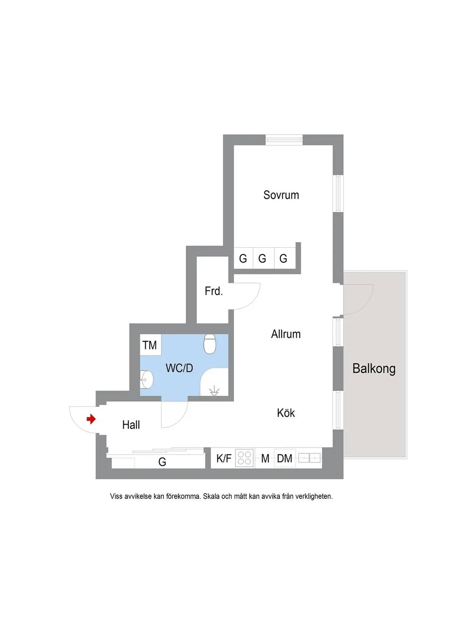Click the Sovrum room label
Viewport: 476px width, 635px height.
[281, 195]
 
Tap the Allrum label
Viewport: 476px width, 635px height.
[286, 334]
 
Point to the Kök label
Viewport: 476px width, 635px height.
[286, 413]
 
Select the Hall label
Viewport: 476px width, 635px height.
[131, 425]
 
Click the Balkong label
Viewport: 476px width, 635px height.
[374, 369]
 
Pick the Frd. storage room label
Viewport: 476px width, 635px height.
[213, 291]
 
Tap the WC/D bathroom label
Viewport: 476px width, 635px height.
[179, 368]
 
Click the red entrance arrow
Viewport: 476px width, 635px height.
[91, 419]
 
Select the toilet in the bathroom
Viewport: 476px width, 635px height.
[210, 344]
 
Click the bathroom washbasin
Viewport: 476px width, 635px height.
[146, 380]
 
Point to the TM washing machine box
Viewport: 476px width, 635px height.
[150, 345]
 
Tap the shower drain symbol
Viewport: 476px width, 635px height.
[214, 391]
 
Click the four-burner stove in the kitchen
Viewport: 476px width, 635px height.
[244, 458]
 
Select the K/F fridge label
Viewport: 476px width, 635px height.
[224, 458]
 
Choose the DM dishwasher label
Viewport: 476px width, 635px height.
[284, 458]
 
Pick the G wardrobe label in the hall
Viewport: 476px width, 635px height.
[162, 462]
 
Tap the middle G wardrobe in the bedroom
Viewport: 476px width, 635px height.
[262, 258]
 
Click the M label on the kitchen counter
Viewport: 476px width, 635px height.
[265, 458]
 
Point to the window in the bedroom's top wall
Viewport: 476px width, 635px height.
[284, 140]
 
